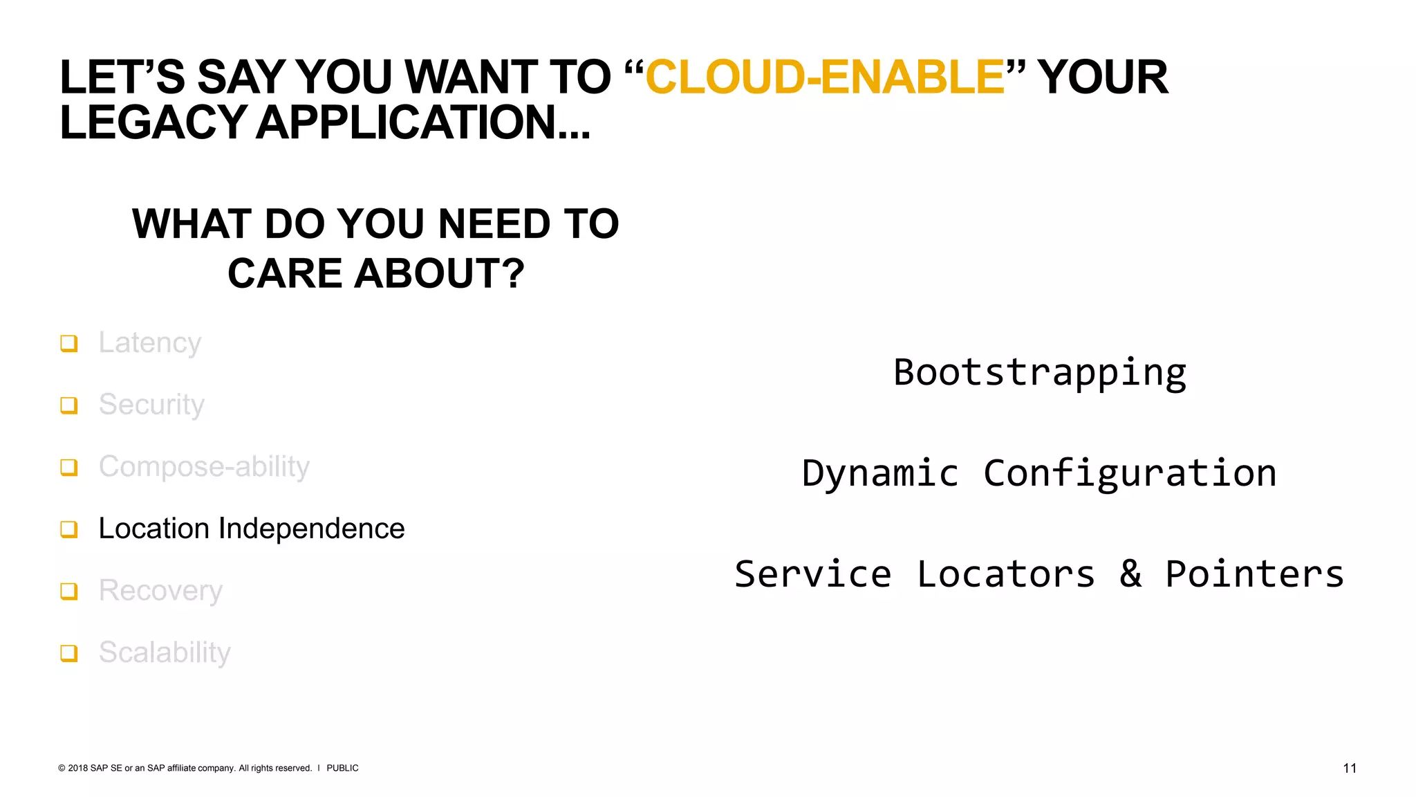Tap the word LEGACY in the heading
pyautogui.click(x=153, y=122)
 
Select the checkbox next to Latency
pyautogui.click(x=68, y=343)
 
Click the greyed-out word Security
pyautogui.click(x=151, y=405)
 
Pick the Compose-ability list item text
pyautogui.click(x=204, y=467)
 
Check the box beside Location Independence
pyautogui.click(x=68, y=529)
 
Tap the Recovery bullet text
pyautogui.click(x=160, y=591)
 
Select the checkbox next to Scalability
pyautogui.click(x=68, y=653)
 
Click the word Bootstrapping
pyautogui.click(x=1039, y=373)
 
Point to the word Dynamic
pyautogui.click(x=880, y=474)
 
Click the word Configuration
pyautogui.click(x=1130, y=474)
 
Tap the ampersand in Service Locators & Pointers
pyautogui.click(x=1130, y=574)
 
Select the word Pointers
pyautogui.click(x=1254, y=574)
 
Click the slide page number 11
pyautogui.click(x=1349, y=768)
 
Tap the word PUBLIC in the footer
pyautogui.click(x=342, y=768)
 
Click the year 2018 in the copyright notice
pyautogui.click(x=78, y=768)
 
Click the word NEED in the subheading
pyautogui.click(x=494, y=224)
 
